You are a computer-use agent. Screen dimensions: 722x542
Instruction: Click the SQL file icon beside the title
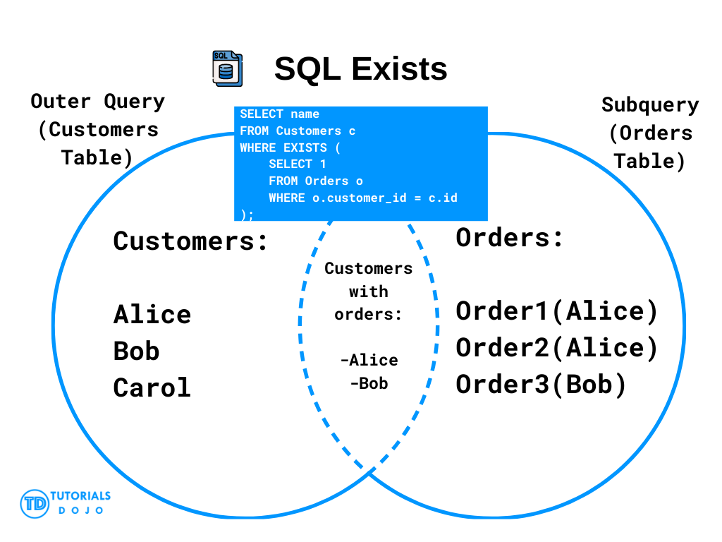click(228, 68)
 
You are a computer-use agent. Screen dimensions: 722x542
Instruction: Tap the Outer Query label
click(97, 102)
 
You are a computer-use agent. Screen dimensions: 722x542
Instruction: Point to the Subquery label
click(649, 105)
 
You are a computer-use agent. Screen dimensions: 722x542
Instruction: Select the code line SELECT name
click(279, 114)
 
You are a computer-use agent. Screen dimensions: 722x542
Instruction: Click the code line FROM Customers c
click(298, 131)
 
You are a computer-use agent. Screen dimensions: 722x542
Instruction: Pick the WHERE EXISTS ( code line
click(290, 147)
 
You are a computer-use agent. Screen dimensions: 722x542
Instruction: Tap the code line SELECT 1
click(298, 164)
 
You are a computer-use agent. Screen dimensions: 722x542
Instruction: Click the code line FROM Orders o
click(316, 181)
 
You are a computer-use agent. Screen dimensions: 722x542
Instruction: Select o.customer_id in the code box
click(360, 198)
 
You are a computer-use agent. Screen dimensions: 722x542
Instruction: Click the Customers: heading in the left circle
click(190, 241)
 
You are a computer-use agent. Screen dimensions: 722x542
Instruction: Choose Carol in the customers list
click(152, 387)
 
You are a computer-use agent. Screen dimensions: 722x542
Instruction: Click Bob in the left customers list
click(136, 351)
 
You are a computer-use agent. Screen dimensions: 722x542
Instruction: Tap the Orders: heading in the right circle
click(509, 238)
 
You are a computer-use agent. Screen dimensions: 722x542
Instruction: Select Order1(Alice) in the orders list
click(557, 311)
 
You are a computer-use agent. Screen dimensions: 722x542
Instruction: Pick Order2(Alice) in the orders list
click(557, 348)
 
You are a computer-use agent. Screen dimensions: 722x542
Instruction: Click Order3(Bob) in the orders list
click(541, 385)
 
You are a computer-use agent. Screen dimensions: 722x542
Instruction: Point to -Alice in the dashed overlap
click(369, 360)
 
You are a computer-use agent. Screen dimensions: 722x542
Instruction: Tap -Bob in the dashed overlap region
click(369, 383)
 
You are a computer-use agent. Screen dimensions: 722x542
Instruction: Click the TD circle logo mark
click(35, 504)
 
